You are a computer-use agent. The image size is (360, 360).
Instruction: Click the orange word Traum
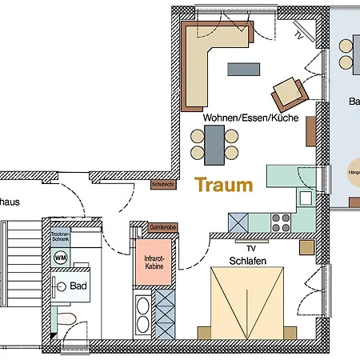pos(224,186)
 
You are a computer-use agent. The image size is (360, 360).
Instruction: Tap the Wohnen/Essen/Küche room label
pos(250,118)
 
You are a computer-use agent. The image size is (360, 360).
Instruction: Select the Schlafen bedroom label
pos(248,261)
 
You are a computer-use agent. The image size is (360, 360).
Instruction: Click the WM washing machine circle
pos(60,258)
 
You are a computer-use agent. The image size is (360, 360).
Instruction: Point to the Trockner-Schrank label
pos(61,238)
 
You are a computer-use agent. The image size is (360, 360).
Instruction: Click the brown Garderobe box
pos(162,228)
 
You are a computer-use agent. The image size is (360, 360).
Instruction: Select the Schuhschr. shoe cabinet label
pos(162,185)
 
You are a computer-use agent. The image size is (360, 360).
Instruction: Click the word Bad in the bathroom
pos(78,286)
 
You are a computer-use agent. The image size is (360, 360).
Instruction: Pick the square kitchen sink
pos(305,197)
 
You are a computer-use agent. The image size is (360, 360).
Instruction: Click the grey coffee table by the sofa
pos(243,70)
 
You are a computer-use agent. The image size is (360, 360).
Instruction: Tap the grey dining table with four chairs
pos(214,144)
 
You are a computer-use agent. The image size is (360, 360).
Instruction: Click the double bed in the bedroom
pos(246,304)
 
